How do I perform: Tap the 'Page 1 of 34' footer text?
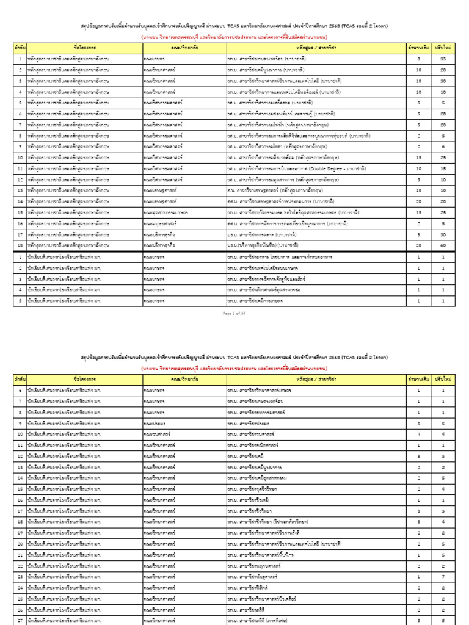click(x=234, y=312)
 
